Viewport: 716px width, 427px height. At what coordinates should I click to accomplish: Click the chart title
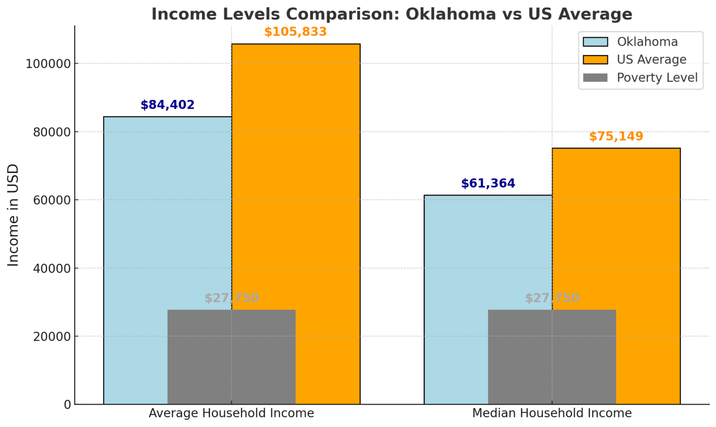[392, 14]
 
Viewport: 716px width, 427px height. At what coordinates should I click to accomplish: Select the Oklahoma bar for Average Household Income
[135, 210]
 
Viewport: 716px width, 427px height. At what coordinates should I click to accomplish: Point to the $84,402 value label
[167, 105]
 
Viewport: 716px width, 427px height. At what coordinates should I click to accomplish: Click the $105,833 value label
[296, 32]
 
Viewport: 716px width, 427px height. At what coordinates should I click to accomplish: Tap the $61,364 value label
[488, 183]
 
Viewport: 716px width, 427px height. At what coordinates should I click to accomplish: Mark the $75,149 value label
[616, 136]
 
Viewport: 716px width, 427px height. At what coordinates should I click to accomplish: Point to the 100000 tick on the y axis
[48, 64]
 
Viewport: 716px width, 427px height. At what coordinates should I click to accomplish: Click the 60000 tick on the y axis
[51, 200]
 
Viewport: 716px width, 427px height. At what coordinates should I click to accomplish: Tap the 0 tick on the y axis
[68, 405]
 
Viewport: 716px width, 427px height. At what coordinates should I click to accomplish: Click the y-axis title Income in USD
[13, 215]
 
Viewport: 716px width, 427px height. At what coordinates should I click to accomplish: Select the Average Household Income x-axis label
[231, 413]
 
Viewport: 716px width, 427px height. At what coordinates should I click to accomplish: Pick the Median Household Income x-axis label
[552, 413]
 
